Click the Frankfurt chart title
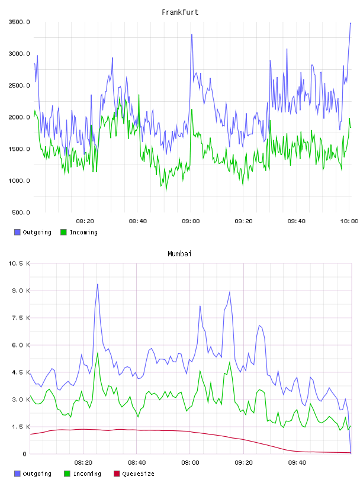(180, 12)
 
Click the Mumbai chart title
(179, 254)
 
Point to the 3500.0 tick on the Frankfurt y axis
(19, 22)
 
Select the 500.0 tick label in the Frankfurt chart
(21, 212)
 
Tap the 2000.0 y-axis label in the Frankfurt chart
(19, 117)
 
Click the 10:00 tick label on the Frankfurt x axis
(349, 221)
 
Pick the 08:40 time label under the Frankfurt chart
(138, 221)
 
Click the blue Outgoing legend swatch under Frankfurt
(17, 232)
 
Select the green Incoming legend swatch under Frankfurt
(63, 232)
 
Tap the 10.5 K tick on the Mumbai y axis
(19, 263)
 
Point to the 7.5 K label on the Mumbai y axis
(21, 318)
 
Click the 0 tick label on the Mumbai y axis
(24, 454)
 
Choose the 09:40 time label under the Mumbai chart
(297, 463)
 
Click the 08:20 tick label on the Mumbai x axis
(83, 463)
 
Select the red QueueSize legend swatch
(117, 474)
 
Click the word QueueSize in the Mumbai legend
(138, 474)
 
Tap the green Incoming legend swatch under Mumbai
(67, 474)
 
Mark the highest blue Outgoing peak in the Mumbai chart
(97, 284)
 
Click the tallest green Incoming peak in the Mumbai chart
(98, 353)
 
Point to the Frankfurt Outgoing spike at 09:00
(192, 35)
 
